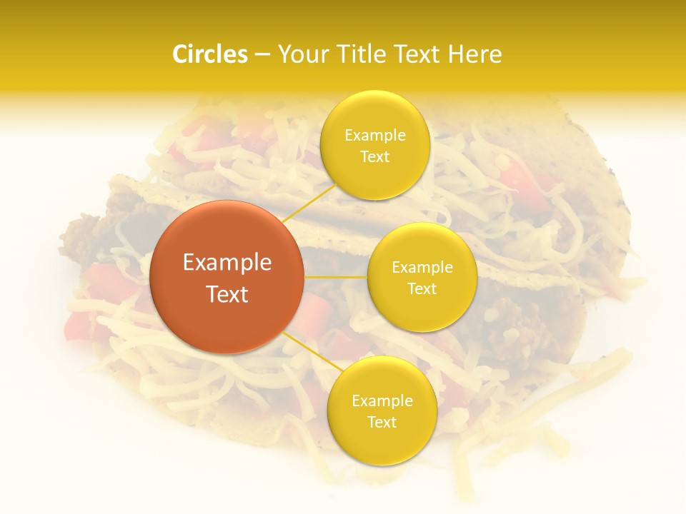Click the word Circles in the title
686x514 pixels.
click(x=210, y=54)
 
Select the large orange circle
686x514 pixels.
click(x=227, y=277)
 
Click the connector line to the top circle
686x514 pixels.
click(x=309, y=203)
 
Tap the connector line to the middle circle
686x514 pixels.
click(x=336, y=277)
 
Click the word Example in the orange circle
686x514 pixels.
click(x=227, y=263)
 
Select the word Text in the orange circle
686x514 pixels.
click(x=227, y=294)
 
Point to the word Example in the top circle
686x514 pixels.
click(x=374, y=136)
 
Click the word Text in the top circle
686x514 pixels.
click(x=374, y=157)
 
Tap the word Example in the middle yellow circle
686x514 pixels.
click(x=422, y=268)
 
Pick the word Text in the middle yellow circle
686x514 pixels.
click(x=422, y=288)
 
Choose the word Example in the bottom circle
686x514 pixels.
click(x=382, y=401)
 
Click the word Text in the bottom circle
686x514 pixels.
click(x=382, y=423)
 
